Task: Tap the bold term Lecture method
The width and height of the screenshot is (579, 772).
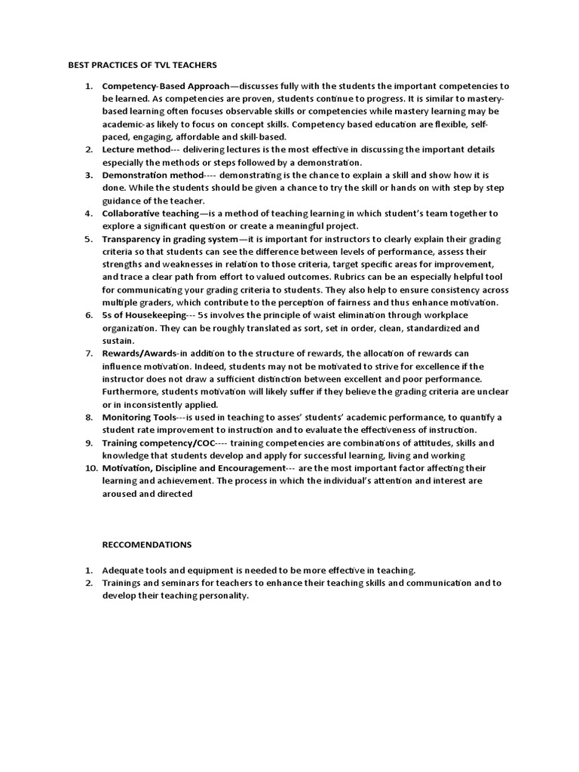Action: point(132,150)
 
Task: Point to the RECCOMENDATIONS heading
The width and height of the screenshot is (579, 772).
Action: point(147,544)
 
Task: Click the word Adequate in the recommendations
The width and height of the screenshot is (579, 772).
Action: point(124,570)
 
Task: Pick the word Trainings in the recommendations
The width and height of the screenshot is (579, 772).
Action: point(122,583)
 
